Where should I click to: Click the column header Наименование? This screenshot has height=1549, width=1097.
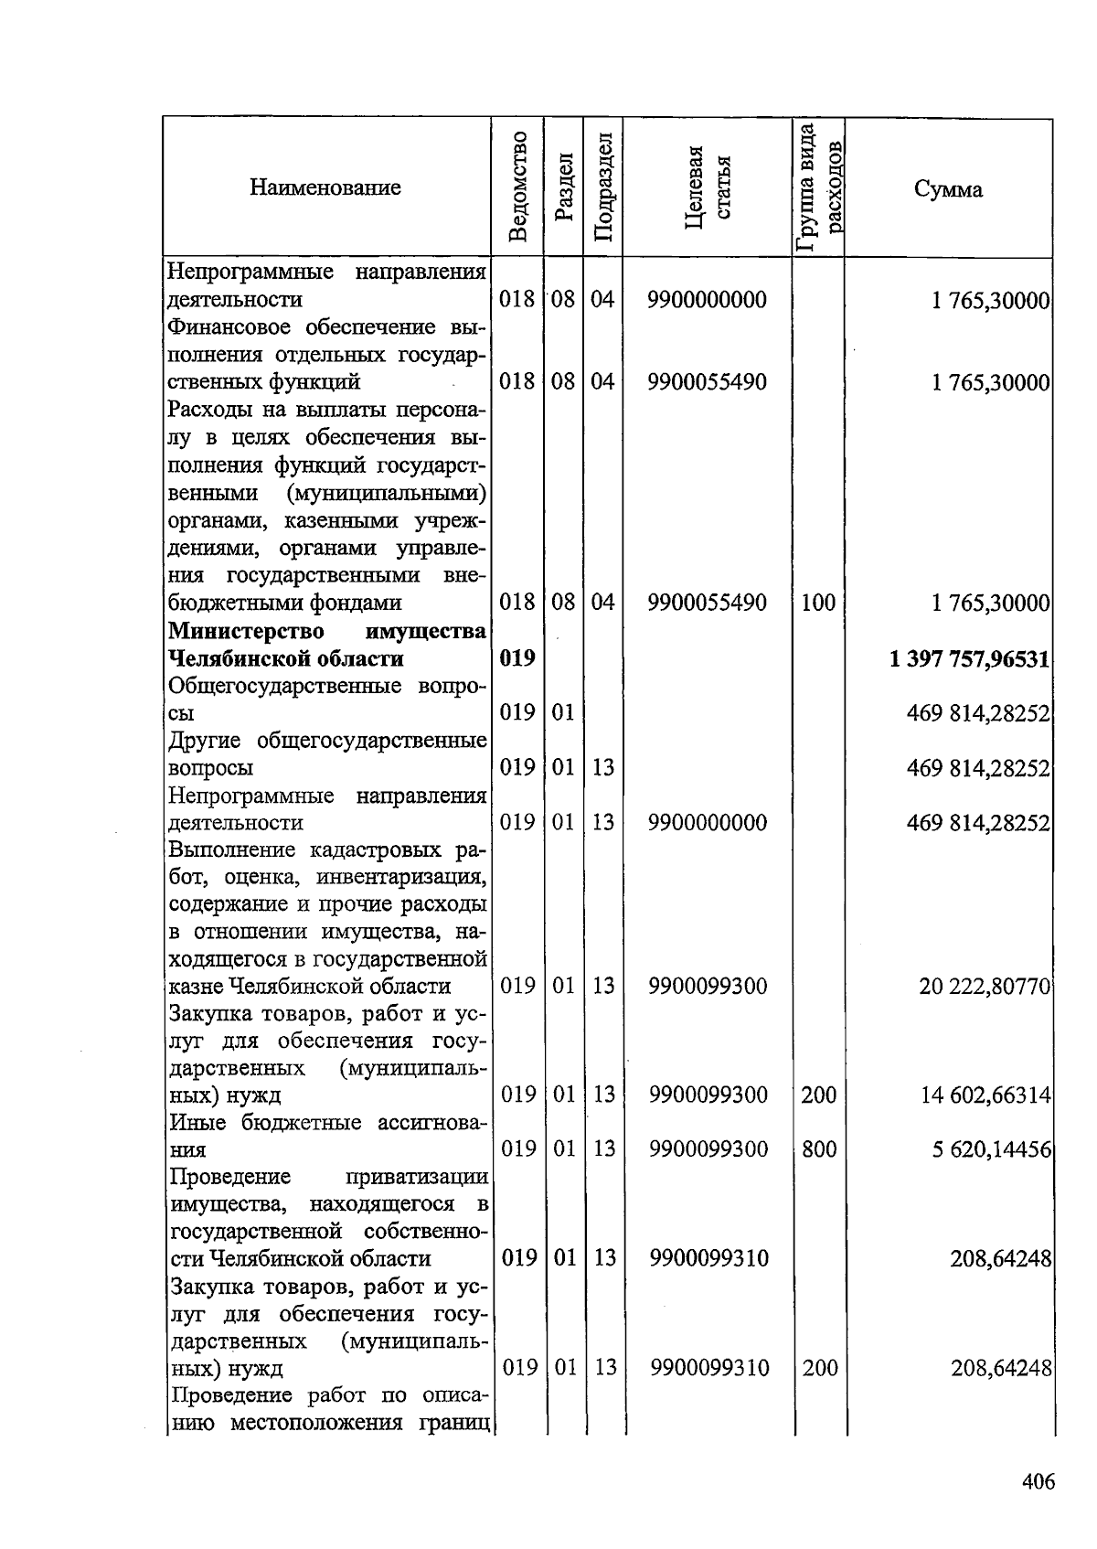325,188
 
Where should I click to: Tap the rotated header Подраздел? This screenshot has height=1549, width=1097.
602,187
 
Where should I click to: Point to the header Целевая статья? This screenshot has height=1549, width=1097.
708,188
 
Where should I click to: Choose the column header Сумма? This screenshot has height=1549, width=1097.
948,189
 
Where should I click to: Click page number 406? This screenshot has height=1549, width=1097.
1038,1481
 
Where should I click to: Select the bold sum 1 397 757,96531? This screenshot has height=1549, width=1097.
969,659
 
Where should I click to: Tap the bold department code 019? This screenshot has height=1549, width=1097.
517,658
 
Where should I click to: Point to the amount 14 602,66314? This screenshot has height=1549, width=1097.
985,1095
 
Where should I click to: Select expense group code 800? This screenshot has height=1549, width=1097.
819,1148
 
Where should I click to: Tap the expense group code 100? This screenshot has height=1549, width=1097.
818,603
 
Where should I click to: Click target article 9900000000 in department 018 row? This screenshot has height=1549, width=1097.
708,300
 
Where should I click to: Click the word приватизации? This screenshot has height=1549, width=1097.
416,1176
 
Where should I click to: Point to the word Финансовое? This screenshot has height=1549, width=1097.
229,327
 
